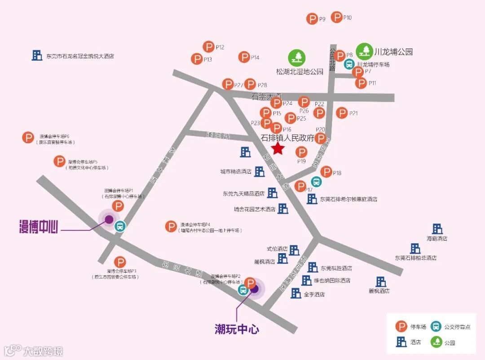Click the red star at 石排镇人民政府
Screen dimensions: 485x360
point(278,149)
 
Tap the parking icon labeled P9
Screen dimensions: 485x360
point(312,19)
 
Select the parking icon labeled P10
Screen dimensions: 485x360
point(336,18)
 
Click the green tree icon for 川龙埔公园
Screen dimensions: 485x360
point(364,51)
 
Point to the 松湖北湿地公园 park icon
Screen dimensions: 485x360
point(297,57)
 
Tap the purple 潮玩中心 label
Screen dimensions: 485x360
point(237,329)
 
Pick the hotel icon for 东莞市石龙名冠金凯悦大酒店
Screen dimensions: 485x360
point(37,56)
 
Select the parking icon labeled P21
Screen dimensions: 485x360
point(342,113)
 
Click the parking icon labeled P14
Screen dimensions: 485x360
point(244,57)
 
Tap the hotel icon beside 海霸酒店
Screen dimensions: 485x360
point(437,229)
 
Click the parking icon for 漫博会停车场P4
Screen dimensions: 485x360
point(171,227)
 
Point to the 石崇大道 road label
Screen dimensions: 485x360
point(266,96)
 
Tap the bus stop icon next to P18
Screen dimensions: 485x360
point(316,182)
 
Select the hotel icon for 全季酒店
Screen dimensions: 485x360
point(296,294)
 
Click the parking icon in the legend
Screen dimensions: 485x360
point(401,327)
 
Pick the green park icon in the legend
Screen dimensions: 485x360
point(436,342)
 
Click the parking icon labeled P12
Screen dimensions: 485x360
point(208,47)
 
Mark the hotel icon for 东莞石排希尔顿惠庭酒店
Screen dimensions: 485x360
point(312,199)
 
